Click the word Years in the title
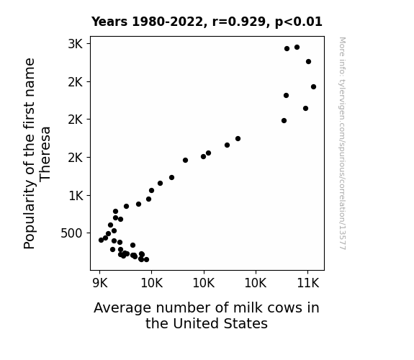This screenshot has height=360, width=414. click(109, 22)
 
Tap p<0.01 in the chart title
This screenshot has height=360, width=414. click(299, 22)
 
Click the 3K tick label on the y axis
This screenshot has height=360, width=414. click(76, 44)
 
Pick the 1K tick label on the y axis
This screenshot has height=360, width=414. click(76, 196)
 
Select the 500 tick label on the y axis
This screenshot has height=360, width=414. click(72, 233)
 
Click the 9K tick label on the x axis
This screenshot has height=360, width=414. click(100, 283)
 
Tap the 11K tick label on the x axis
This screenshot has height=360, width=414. click(308, 283)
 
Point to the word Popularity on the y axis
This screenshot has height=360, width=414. click(29, 215)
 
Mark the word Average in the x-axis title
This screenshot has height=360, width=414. click(122, 308)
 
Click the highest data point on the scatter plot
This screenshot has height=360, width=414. click(297, 48)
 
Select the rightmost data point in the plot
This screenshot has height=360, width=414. click(313, 86)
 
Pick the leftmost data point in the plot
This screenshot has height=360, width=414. click(101, 240)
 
